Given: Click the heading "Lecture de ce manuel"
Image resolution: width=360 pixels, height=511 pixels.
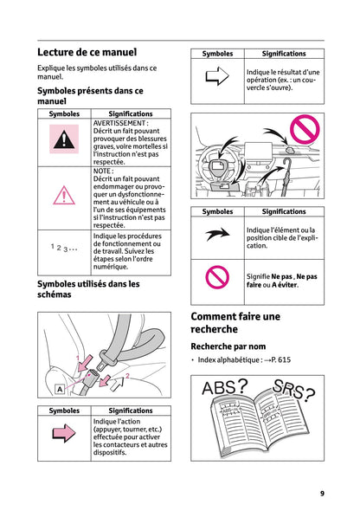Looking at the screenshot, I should click(x=87, y=53).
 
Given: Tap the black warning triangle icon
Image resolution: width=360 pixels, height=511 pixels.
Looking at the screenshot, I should click(x=63, y=138).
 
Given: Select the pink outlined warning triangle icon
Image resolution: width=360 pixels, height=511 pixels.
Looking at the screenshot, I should click(x=63, y=197).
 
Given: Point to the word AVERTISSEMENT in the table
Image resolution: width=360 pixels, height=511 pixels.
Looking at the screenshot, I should click(x=120, y=124).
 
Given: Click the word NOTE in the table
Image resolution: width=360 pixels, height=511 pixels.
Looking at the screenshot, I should click(x=103, y=171).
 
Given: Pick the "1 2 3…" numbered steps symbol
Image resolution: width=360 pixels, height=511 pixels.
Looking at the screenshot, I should click(x=63, y=249).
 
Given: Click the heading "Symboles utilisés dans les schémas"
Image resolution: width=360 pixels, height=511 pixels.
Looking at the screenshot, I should click(x=88, y=289).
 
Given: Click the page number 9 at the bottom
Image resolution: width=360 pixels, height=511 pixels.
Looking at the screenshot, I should click(x=321, y=494).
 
